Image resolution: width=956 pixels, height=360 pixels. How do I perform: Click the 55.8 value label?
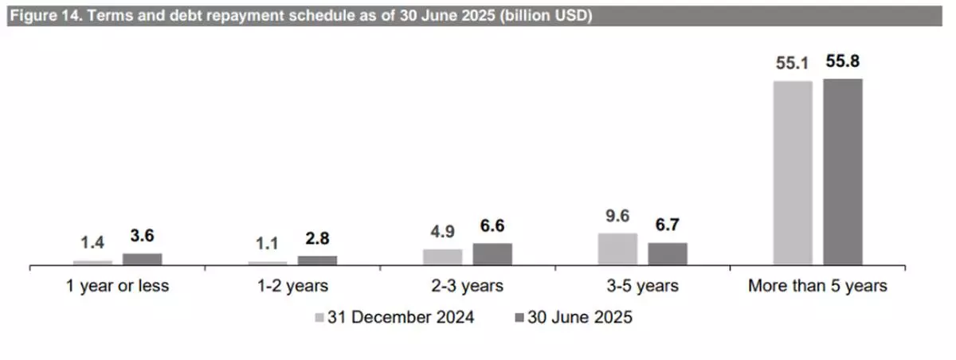coord(843,61)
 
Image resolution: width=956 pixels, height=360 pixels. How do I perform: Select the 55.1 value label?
coord(793,63)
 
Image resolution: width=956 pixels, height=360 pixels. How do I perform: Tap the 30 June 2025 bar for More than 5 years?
coord(843,171)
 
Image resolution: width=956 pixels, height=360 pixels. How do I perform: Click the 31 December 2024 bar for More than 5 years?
coord(793,172)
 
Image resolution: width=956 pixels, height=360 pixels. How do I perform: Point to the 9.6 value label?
coord(617,217)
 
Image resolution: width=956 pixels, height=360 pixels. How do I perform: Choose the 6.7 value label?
coord(668,226)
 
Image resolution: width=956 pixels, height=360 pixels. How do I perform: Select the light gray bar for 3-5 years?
coord(617,248)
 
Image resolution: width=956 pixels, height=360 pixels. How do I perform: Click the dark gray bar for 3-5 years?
coord(668,253)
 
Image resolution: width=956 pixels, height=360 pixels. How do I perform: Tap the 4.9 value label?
coord(442,233)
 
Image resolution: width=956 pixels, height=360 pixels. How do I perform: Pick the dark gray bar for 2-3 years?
coord(492,253)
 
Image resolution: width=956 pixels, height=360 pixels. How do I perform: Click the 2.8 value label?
coord(317,240)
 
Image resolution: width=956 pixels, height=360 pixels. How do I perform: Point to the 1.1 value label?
coord(268,245)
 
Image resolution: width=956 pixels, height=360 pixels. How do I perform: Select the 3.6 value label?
coord(142,237)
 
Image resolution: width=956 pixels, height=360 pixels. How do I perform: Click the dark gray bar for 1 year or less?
coord(142,259)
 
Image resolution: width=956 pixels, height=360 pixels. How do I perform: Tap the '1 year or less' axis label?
coord(117,286)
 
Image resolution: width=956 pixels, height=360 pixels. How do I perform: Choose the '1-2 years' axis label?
coord(292,286)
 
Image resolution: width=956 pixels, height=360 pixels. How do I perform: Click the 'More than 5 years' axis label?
coord(817,286)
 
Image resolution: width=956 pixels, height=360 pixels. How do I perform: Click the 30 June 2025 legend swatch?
coord(519,317)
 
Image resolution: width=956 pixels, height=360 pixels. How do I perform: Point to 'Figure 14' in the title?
coord(40,16)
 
